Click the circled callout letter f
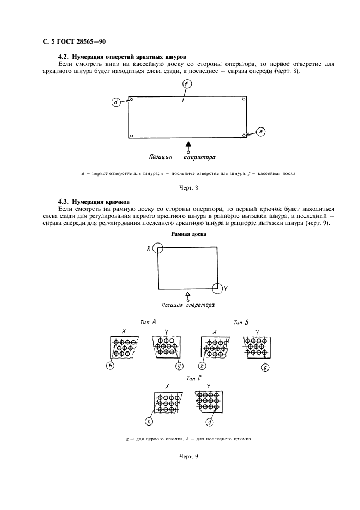click(x=187, y=84)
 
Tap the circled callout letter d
click(x=117, y=102)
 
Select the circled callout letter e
click(x=260, y=132)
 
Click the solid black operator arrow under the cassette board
click(x=189, y=145)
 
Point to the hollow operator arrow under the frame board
click(x=188, y=295)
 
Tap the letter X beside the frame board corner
click(x=148, y=248)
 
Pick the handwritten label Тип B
click(x=241, y=322)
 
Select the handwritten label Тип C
click(x=188, y=377)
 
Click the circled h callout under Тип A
click(x=111, y=366)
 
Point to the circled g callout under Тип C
click(x=209, y=421)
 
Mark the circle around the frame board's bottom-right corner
click(x=218, y=288)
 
